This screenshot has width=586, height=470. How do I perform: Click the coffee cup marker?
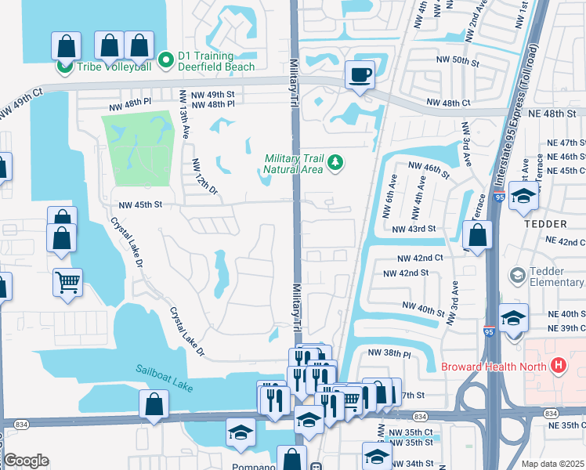[360, 75]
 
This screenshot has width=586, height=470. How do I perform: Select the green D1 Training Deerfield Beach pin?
[165, 59]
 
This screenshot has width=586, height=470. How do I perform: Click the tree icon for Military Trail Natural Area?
[335, 162]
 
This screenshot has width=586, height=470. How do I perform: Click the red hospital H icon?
[558, 365]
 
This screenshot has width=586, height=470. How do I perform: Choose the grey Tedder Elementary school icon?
[517, 275]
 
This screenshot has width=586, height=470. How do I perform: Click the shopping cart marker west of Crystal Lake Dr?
[68, 281]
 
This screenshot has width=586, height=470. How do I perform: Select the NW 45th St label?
[140, 205]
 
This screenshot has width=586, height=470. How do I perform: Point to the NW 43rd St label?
[415, 228]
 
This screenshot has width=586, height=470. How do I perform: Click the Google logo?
[26, 461]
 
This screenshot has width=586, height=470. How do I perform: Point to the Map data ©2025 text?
[552, 464]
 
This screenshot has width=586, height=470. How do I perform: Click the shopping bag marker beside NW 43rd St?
[476, 234]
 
